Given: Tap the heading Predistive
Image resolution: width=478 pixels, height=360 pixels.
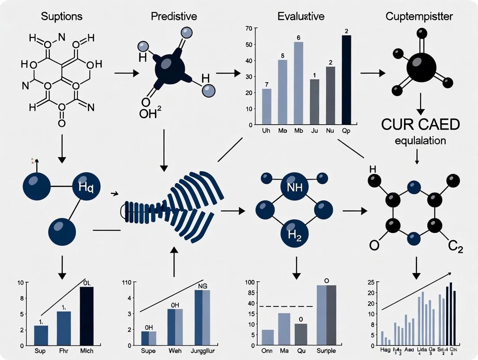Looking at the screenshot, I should pos(174,17).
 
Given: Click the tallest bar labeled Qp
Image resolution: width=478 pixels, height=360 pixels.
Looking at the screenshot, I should pos(346,80).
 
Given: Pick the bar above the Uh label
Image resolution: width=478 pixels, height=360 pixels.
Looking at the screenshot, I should pos(267,107).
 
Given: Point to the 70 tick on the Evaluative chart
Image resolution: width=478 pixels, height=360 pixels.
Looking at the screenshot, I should pos(249,29).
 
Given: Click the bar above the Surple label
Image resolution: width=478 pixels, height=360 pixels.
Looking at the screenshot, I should pos(327,315).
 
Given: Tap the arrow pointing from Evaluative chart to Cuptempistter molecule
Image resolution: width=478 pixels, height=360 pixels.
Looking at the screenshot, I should pos(373,73).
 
